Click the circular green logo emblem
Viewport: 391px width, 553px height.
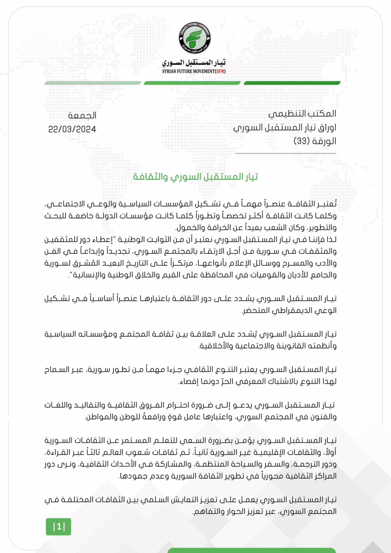point(195,38)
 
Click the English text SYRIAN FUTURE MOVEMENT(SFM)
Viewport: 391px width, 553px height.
point(194,71)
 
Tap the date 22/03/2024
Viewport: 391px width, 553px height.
point(72,129)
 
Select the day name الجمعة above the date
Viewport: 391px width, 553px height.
point(82,116)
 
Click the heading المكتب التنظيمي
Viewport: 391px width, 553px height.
point(302,114)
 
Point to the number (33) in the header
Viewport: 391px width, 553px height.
point(302,141)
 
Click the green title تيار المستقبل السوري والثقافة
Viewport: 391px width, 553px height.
point(195,177)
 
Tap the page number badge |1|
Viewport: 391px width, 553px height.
point(58,527)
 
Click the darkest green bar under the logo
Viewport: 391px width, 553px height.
point(292,83)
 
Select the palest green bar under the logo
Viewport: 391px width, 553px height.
point(93,83)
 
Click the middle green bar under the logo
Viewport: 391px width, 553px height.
point(192,83)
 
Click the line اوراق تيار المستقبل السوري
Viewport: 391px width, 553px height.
point(284,127)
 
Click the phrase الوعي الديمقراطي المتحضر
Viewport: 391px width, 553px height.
point(289,310)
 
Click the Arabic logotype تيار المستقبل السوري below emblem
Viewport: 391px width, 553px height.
point(194,63)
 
